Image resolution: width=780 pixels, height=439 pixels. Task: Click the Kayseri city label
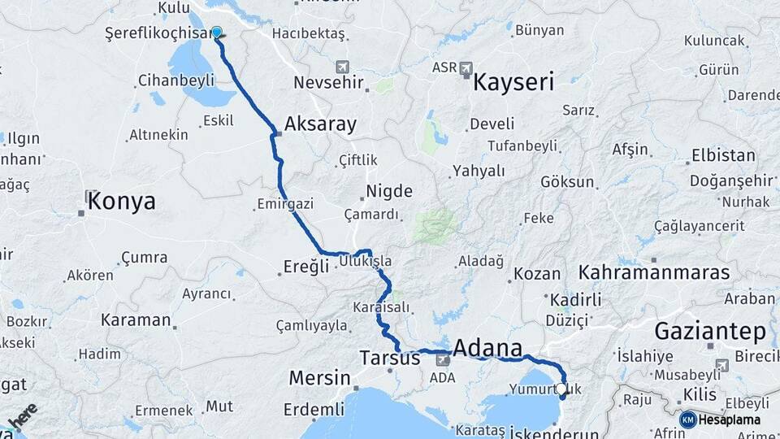[513, 82]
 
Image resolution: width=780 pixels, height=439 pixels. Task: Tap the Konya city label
[121, 202]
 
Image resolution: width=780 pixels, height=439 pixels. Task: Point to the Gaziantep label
[710, 332]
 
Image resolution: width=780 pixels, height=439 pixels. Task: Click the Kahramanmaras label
[655, 272]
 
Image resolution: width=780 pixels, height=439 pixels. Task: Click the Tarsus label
[390, 358]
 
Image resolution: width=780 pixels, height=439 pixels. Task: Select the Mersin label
[319, 378]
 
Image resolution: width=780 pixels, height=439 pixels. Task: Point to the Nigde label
[389, 192]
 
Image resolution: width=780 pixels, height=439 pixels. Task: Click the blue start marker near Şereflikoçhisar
[217, 33]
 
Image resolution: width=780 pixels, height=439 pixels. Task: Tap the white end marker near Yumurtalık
[561, 389]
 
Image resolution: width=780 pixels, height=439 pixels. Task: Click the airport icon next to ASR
[466, 68]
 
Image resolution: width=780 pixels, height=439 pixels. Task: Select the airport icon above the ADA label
[443, 359]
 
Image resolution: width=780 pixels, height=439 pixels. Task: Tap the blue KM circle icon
[688, 419]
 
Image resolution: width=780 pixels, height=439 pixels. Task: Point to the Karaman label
[136, 319]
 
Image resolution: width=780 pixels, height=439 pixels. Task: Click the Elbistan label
[722, 155]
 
